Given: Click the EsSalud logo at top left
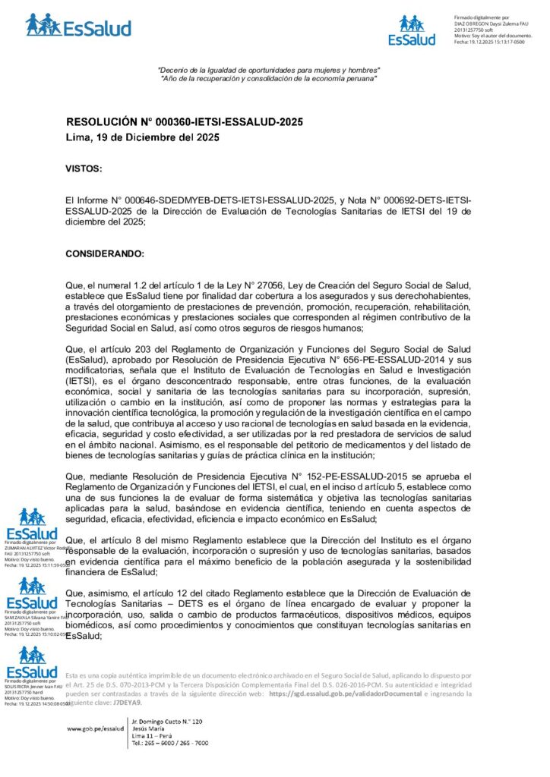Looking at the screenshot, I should tap(77, 25).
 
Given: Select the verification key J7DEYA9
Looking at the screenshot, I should tap(127, 703).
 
